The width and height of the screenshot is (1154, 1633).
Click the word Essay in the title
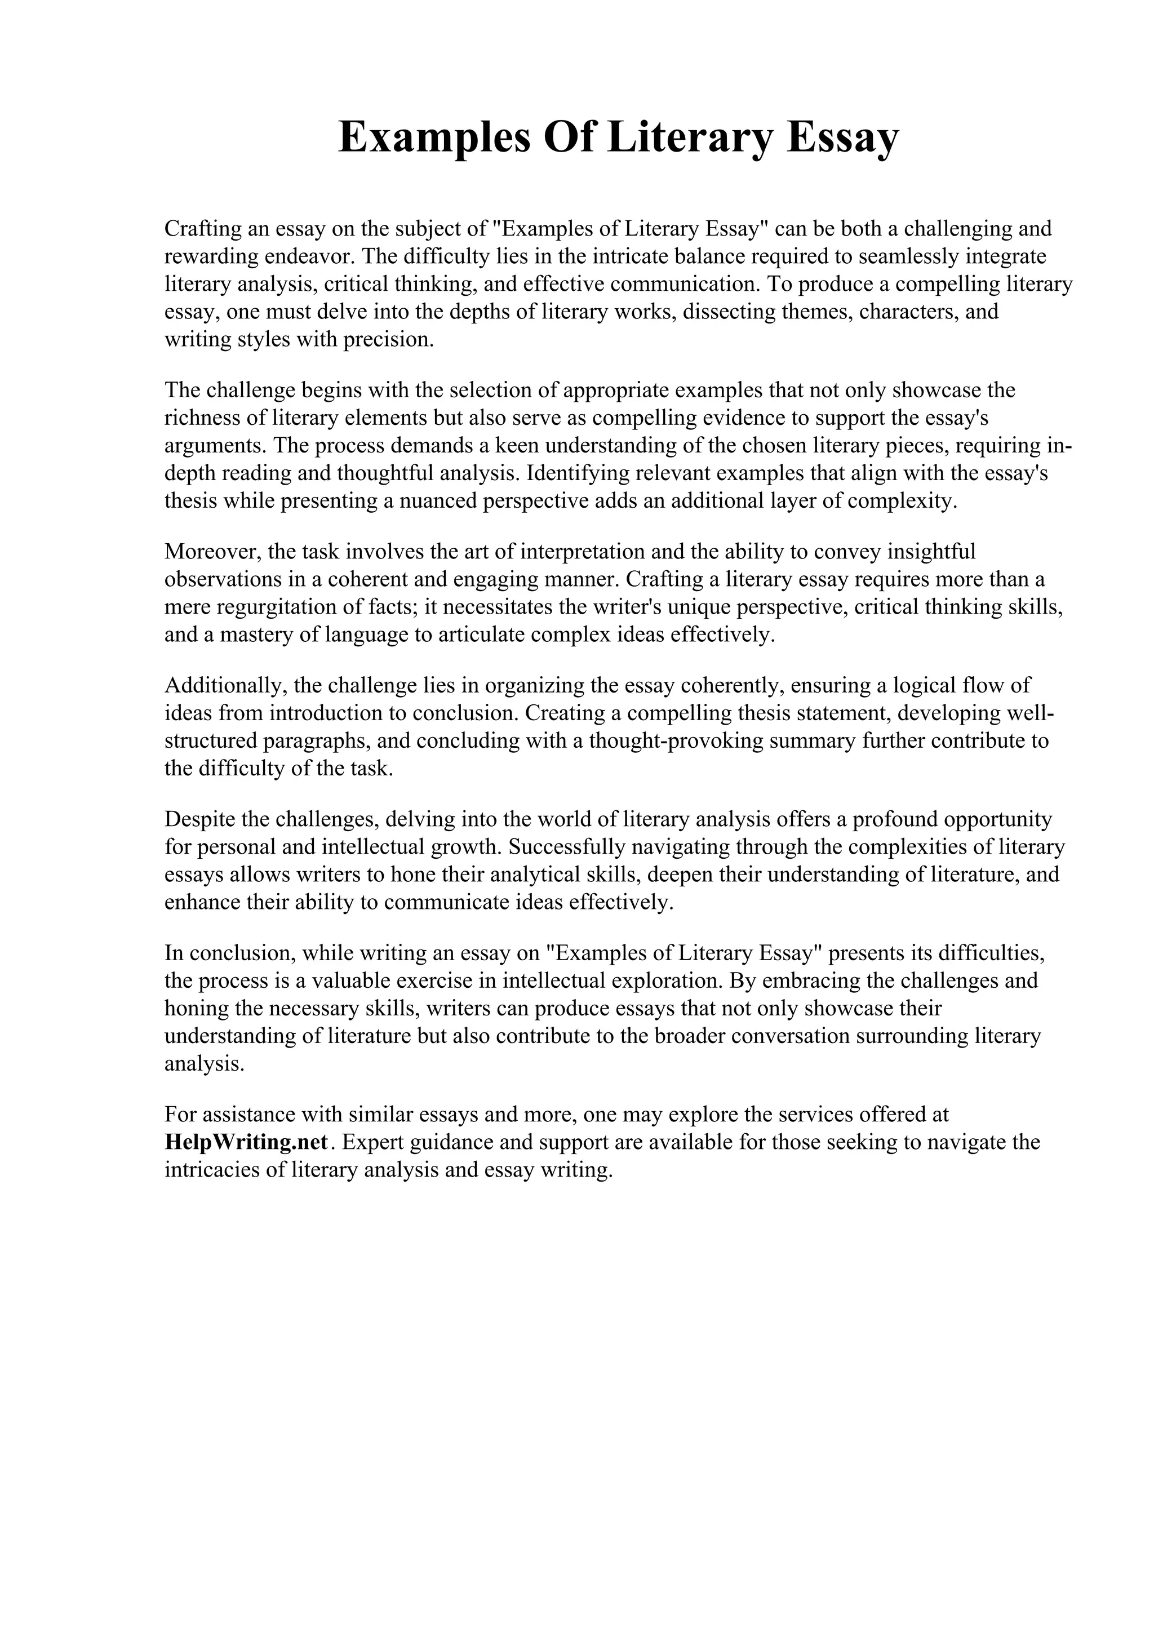coord(842,139)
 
